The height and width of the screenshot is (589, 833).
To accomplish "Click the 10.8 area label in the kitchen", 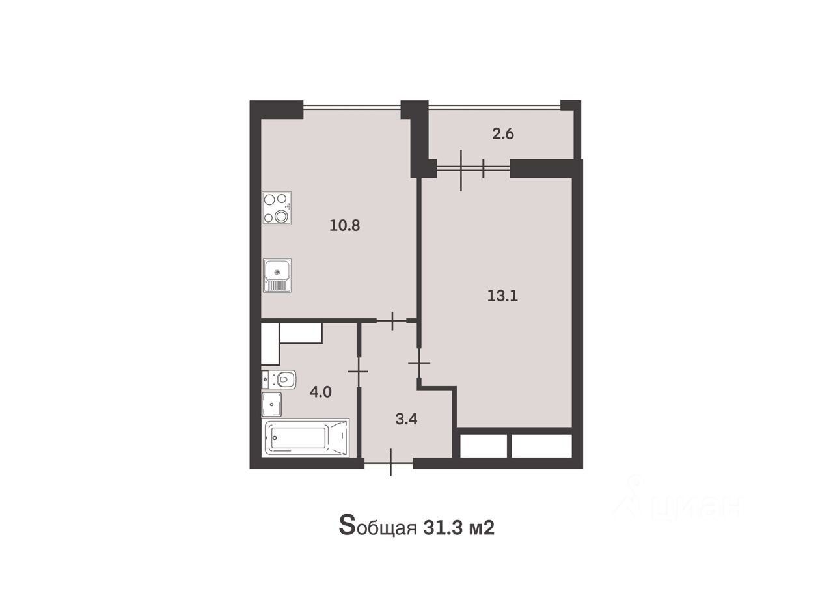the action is pyautogui.click(x=345, y=226).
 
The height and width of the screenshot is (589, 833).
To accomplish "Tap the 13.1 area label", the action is pyautogui.click(x=502, y=296).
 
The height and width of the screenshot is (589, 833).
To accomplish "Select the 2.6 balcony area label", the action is pyautogui.click(x=503, y=134).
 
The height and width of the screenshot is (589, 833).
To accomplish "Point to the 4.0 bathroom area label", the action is pyautogui.click(x=320, y=392).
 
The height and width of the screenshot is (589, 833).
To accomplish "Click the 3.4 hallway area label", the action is pyautogui.click(x=406, y=419).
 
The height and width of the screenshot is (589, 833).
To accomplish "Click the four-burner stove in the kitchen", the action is pyautogui.click(x=277, y=208).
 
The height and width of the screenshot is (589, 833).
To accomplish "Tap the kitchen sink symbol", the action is pyautogui.click(x=277, y=275).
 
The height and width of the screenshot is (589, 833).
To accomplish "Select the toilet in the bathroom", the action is pyautogui.click(x=279, y=379).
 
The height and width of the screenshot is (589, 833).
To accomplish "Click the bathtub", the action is pyautogui.click(x=306, y=437).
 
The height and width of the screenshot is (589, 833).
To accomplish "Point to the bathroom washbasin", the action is pyautogui.click(x=272, y=404).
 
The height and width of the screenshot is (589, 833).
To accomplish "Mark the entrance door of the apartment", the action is pyautogui.click(x=389, y=463).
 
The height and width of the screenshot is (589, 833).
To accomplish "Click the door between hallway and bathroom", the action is pyautogui.click(x=359, y=372).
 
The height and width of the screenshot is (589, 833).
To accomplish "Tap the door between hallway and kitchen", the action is pyautogui.click(x=392, y=320).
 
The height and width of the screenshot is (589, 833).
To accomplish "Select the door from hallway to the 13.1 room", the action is pyautogui.click(x=420, y=363).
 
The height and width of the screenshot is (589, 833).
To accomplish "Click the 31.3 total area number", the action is pyautogui.click(x=443, y=528).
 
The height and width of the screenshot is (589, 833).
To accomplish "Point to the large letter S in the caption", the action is pyautogui.click(x=346, y=525).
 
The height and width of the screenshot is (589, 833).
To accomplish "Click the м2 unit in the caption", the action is pyautogui.click(x=482, y=528).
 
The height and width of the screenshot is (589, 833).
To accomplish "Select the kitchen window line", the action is pyautogui.click(x=352, y=108).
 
